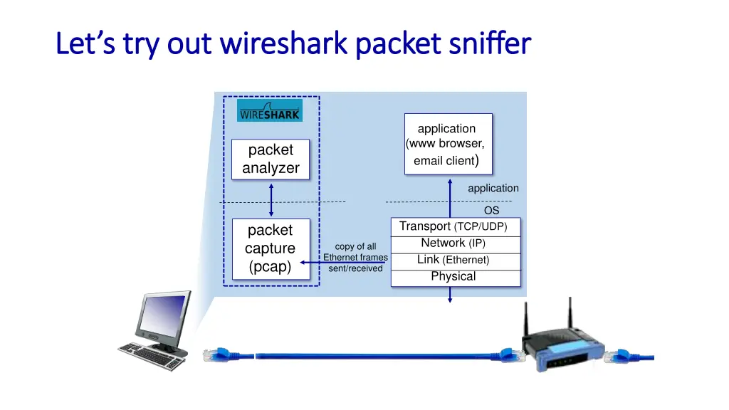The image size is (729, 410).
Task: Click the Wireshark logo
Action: click(269, 111)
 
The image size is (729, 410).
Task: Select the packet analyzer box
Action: click(271, 159)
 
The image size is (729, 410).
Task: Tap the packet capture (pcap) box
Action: click(270, 248)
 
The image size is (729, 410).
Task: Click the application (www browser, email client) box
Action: click(448, 144)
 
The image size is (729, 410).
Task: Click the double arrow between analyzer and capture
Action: click(271, 199)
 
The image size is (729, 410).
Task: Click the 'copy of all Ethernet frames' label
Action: click(355, 257)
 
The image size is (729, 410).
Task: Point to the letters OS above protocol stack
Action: click(491, 211)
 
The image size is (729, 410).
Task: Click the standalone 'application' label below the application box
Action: click(493, 189)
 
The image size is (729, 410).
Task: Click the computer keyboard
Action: click(150, 356)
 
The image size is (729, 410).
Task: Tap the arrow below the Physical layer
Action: click(450, 295)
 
